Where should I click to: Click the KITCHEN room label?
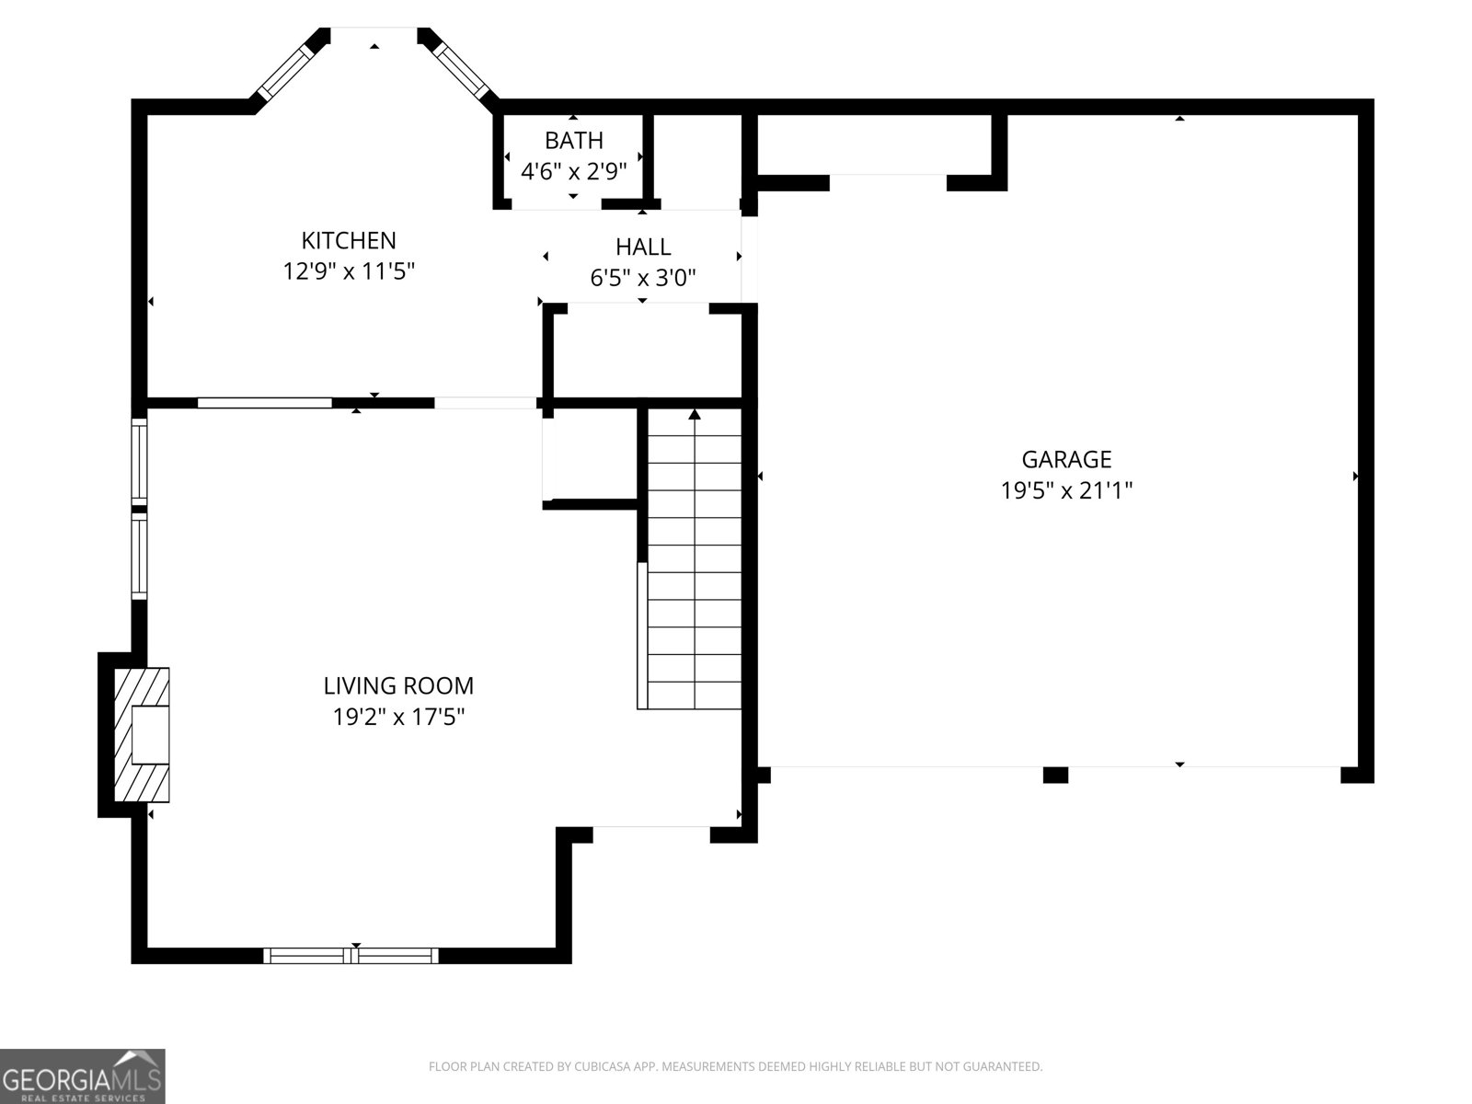[349, 240]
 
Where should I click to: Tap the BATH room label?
[573, 140]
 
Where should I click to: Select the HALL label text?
[643, 247]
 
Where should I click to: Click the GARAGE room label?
[1066, 458]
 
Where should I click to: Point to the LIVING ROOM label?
[398, 685]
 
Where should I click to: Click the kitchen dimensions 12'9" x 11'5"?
[349, 271]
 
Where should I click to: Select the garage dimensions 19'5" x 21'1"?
[1066, 489]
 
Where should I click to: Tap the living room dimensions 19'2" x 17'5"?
[398, 717]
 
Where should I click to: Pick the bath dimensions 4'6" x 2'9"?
[573, 171]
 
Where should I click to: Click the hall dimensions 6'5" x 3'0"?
[643, 277]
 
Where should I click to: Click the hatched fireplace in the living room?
[141, 734]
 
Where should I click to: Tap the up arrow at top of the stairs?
[695, 415]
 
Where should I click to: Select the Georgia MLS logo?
[82, 1075]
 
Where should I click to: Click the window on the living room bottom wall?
[351, 956]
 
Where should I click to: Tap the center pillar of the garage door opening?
[1055, 775]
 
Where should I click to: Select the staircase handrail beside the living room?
[642, 635]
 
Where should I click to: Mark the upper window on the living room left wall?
[139, 459]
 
